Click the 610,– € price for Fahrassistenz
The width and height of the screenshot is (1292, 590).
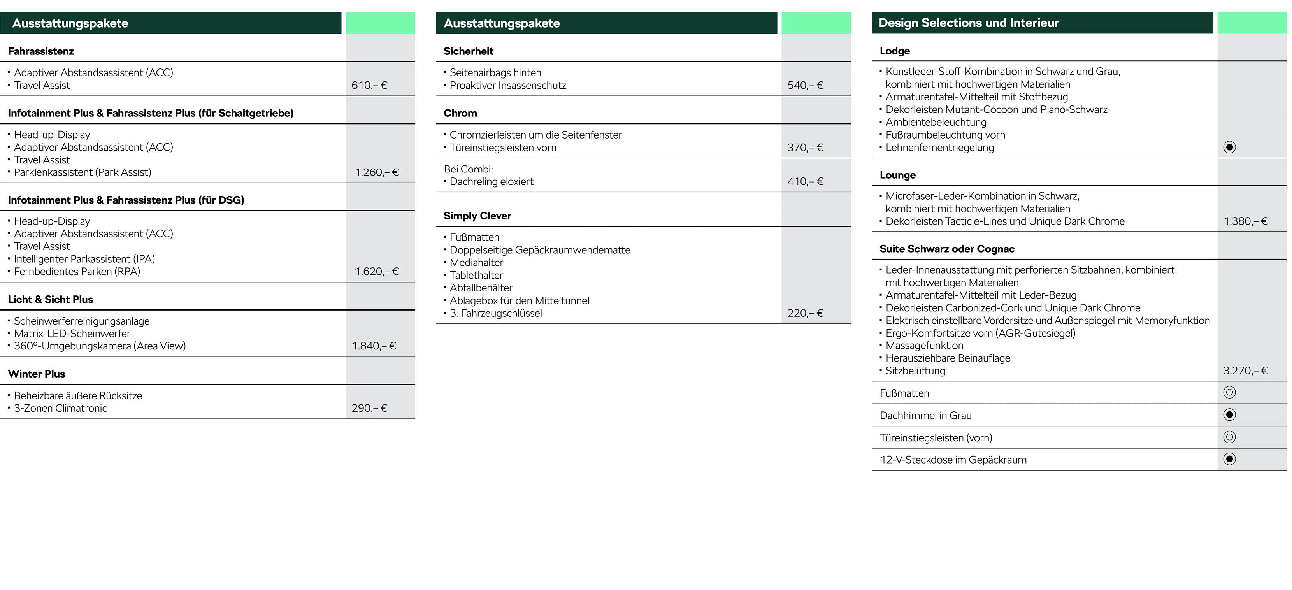[369, 85]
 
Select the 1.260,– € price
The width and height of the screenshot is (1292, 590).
[377, 172]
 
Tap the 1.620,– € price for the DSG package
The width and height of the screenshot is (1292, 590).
[377, 271]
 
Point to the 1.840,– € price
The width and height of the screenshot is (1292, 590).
[374, 346]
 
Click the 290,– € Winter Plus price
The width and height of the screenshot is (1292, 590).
[369, 408]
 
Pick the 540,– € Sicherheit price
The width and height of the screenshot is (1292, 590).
[805, 85]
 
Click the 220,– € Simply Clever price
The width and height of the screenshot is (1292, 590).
[805, 313]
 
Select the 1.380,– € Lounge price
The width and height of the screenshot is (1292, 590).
[1245, 221]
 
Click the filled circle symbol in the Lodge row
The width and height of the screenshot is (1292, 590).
[1229, 147]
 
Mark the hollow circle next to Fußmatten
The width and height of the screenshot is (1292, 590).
[1229, 392]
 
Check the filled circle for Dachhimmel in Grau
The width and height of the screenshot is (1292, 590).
[1229, 414]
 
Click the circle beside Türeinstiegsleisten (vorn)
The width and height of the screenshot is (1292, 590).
[1229, 437]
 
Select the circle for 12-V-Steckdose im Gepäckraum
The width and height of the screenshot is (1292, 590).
[1229, 459]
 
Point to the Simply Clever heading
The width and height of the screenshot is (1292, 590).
[477, 216]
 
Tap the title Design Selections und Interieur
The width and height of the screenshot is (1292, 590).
[969, 23]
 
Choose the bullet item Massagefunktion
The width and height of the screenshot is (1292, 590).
[924, 346]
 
